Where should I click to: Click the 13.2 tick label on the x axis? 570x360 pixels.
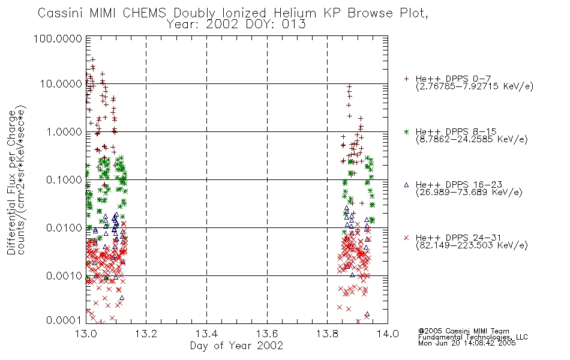pos(146,334)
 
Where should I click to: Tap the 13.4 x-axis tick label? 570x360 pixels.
pos(206,334)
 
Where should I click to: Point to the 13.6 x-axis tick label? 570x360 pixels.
pos(267,334)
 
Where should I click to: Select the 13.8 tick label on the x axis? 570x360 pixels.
pos(327,334)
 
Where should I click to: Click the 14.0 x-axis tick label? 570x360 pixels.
pos(388,334)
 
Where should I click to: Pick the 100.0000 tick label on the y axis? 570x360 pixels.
pos(58,38)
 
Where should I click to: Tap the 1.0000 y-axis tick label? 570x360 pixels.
pos(64,131)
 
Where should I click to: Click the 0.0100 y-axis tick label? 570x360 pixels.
pos(64,227)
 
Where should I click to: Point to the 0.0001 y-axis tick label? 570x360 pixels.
pos(64,320)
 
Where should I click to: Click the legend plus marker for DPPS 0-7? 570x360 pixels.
pos(406,79)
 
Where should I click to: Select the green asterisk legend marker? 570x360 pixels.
pos(406,131)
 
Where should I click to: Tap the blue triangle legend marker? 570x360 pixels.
pos(406,185)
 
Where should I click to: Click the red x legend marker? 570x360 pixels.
pos(406,238)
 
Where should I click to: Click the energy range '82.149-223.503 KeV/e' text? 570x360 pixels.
pos(472,245)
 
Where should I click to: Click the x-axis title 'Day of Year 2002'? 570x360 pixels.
pos(236,346)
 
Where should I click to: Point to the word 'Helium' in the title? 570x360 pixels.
pos(295,13)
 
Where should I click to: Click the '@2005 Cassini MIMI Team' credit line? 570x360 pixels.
pos(463,331)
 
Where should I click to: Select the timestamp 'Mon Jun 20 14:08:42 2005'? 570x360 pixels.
pos(467,343)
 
